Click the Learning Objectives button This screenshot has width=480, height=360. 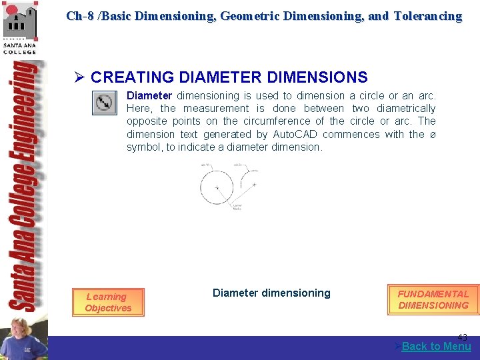pos(108,303)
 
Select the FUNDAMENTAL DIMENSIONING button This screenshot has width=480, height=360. pos(433,299)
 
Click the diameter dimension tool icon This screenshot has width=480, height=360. pos(103,103)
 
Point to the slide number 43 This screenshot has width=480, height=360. pos(462,337)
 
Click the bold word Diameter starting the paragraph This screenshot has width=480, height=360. pos(149,96)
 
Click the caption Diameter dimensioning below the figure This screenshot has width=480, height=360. pos(271,293)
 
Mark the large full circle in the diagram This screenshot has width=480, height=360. pos(217,187)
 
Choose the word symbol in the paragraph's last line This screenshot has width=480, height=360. pos(144,147)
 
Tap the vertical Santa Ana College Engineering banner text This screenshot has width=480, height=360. pos(23,187)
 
